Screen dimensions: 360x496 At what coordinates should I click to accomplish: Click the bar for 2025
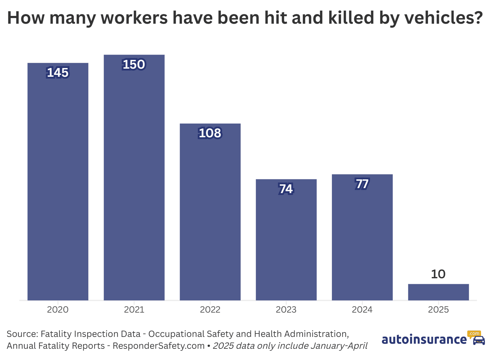[438, 292]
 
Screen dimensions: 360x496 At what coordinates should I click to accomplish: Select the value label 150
[134, 65]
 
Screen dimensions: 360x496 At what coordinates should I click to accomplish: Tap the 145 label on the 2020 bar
[58, 73]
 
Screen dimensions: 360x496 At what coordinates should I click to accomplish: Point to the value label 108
[210, 133]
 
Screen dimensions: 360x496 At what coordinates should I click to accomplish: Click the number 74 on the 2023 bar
[286, 189]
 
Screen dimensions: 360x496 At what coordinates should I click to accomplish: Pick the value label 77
[362, 184]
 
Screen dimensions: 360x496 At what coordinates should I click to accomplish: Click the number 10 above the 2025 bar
[438, 274]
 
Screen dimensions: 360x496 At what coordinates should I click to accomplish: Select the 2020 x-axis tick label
[58, 310]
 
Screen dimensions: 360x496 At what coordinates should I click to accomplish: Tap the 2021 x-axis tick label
[134, 310]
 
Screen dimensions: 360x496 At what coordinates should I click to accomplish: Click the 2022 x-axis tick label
[210, 310]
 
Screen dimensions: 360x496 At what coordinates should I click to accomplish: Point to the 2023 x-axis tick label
[286, 310]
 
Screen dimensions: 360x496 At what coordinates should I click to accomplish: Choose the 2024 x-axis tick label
[362, 310]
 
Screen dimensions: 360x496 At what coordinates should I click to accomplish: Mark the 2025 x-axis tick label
[438, 310]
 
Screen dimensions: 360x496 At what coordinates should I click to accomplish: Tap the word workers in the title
[134, 18]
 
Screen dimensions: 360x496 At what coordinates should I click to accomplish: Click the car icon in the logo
[479, 340]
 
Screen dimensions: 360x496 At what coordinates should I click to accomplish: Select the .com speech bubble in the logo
[474, 334]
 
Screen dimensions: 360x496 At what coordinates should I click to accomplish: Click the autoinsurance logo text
[424, 339]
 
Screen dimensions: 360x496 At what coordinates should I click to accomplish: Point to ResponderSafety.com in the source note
[158, 346]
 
